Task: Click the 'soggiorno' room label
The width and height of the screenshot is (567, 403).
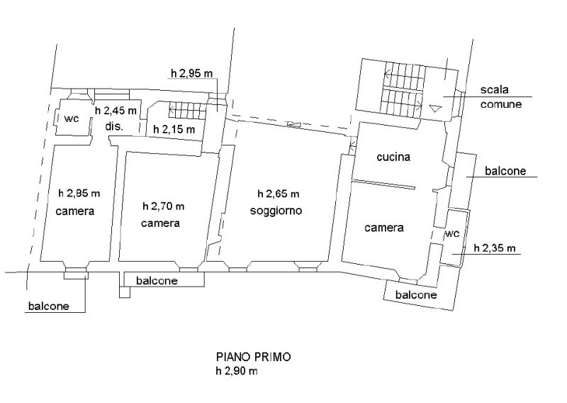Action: [276, 211]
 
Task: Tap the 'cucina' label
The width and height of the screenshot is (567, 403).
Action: [393, 157]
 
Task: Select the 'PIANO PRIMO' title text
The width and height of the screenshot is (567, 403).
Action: [254, 357]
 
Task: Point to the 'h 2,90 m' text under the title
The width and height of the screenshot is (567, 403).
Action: [237, 371]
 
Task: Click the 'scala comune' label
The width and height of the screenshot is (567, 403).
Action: [501, 97]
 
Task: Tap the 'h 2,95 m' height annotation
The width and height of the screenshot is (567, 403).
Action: [191, 74]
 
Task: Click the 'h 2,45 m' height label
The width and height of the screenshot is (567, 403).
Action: [116, 111]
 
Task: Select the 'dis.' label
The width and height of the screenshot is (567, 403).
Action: [114, 127]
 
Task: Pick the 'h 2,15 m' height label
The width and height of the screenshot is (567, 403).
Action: [174, 129]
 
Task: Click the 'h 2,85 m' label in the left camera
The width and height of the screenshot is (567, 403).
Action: [79, 194]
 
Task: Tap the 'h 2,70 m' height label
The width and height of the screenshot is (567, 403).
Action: [164, 206]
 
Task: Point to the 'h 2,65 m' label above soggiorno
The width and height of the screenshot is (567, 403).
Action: [279, 194]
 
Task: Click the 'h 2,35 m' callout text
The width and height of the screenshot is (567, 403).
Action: [495, 248]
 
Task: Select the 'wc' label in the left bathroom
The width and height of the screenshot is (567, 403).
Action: [72, 118]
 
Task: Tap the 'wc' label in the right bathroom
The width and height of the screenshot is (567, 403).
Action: [452, 234]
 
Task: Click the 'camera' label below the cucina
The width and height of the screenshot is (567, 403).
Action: [384, 228]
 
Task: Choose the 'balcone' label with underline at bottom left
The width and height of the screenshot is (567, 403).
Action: [49, 307]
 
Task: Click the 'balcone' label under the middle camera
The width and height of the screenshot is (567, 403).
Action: [157, 281]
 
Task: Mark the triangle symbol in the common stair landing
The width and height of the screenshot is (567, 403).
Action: [435, 109]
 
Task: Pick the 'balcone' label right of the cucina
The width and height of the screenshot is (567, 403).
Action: [505, 171]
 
